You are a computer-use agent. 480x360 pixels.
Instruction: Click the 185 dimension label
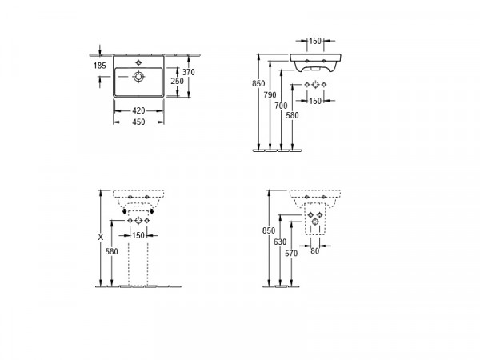99,66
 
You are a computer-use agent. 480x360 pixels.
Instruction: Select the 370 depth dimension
188,72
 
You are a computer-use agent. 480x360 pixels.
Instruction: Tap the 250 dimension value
178,81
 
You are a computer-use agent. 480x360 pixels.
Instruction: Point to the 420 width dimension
138,110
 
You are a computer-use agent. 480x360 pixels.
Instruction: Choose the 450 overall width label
138,122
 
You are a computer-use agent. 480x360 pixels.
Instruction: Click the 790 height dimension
270,95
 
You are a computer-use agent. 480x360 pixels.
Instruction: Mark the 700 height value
281,106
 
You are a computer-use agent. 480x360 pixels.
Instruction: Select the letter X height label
101,237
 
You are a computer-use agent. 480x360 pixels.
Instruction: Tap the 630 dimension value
280,242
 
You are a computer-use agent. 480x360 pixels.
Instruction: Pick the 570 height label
291,253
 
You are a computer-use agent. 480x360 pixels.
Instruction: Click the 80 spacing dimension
314,251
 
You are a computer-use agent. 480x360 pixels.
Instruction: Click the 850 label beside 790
258,83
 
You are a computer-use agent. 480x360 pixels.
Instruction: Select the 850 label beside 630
269,230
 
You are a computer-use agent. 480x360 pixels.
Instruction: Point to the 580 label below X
111,251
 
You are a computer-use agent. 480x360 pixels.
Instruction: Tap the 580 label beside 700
292,115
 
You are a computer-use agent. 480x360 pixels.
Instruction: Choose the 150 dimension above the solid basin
315,41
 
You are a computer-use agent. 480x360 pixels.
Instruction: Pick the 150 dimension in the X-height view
138,235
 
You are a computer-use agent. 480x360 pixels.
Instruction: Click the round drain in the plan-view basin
138,77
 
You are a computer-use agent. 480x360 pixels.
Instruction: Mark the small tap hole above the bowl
138,62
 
